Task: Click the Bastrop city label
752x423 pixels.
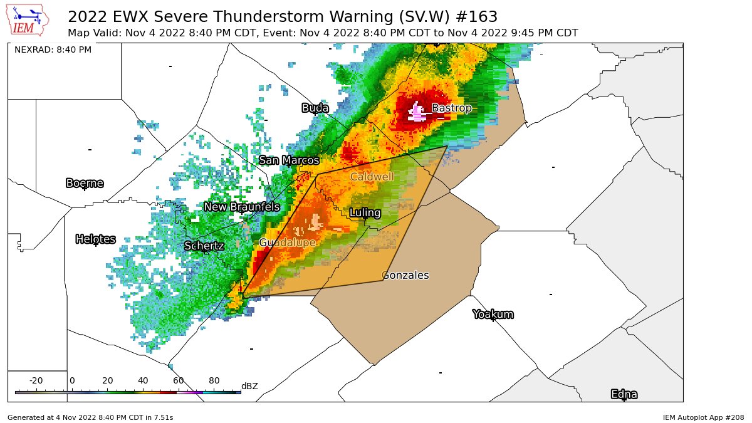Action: coord(451,108)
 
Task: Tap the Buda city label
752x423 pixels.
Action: coord(315,108)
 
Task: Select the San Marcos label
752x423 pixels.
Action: coord(289,160)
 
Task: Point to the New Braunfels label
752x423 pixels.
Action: coord(241,207)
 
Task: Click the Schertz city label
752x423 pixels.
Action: coord(204,246)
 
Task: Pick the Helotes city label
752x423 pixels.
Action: coord(95,239)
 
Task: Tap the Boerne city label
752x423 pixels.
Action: coord(85,183)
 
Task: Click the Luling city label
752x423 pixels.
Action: coord(365,213)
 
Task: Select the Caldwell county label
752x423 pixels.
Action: coord(372,177)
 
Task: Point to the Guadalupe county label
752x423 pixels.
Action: coord(287,243)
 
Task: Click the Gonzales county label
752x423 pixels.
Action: coord(405,275)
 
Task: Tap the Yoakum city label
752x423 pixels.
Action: coord(493,314)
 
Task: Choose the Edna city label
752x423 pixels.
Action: coord(624,394)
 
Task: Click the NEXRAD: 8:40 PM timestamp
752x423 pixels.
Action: coord(53,50)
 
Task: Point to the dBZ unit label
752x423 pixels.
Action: coord(249,386)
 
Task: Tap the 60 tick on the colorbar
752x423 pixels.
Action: coord(178,381)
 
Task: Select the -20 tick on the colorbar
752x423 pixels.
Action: coord(36,381)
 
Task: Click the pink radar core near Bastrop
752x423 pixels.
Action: coord(417,113)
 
